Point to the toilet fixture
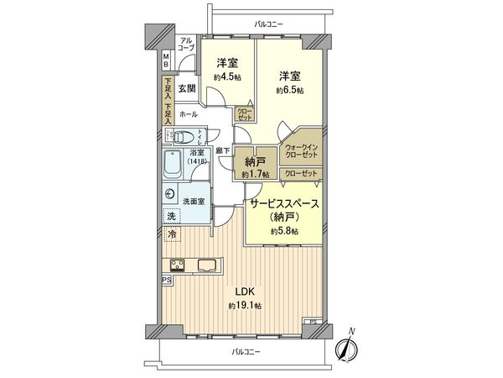(185, 137)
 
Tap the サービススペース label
(283, 203)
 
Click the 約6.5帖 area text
(289, 90)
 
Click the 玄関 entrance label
(186, 88)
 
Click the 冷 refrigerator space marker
(173, 235)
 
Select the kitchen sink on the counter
(206, 267)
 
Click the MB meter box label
(166, 60)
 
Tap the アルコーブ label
(186, 45)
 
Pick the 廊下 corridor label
(222, 150)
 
